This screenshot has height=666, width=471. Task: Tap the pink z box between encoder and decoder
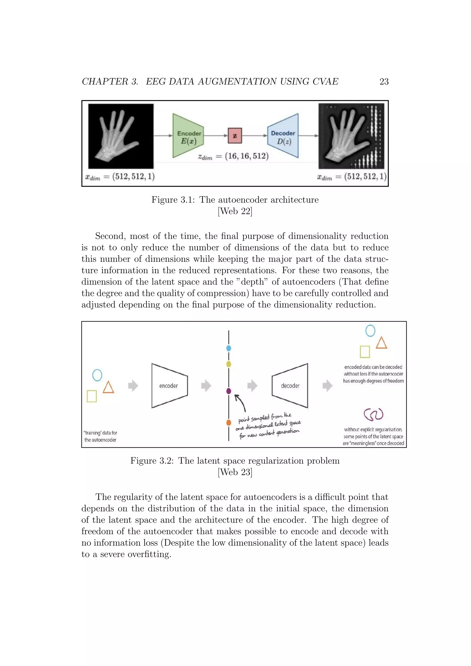[235, 135]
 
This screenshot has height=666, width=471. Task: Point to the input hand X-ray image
[121, 136]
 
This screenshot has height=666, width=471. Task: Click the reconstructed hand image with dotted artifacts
[351, 136]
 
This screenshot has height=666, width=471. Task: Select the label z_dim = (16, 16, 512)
[233, 156]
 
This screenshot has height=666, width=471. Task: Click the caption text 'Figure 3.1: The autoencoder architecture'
[235, 200]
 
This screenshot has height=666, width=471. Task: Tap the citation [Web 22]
[235, 211]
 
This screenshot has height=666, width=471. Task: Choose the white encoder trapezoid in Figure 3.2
[169, 385]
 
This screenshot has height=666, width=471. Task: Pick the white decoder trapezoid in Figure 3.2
[290, 385]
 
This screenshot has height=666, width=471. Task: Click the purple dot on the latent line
[229, 391]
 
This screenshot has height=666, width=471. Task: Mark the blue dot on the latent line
[229, 348]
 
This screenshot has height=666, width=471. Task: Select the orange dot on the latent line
[229, 422]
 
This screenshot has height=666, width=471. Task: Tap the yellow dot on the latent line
[229, 364]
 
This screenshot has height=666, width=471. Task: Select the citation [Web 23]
[235, 472]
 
